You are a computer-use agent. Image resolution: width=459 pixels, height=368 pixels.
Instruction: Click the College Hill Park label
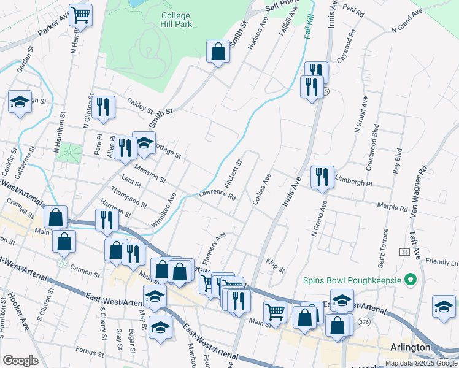click(x=177, y=20)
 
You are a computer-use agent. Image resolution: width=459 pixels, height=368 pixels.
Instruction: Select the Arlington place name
click(x=411, y=347)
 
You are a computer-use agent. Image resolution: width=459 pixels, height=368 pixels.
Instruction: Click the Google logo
click(x=20, y=361)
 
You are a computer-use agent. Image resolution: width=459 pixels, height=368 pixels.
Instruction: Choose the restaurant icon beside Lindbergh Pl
click(x=322, y=177)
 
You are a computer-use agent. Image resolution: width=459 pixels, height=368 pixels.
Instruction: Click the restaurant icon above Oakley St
click(x=102, y=107)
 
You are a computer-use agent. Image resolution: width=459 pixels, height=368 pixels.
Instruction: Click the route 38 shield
click(x=404, y=252)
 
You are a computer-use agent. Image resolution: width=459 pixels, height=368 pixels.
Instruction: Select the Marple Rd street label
click(x=393, y=208)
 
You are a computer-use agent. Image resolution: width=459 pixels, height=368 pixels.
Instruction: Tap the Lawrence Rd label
click(x=217, y=196)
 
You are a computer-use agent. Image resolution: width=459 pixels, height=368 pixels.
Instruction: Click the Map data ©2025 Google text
click(x=420, y=363)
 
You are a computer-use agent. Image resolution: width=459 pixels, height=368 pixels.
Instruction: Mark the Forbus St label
click(x=86, y=353)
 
